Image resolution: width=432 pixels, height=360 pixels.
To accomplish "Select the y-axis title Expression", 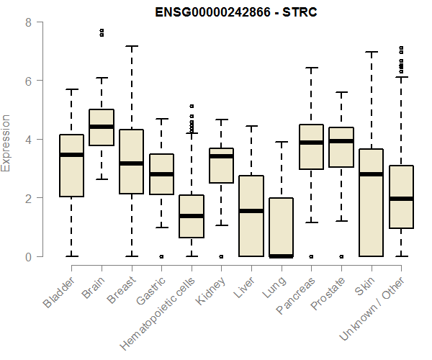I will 6,143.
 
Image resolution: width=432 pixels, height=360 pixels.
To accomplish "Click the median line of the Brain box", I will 102,127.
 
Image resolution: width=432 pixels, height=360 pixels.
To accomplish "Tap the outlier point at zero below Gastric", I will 161,256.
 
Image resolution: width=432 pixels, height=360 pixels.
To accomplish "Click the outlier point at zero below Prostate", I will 342,256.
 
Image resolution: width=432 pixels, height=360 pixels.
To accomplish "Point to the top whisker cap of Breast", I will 132,46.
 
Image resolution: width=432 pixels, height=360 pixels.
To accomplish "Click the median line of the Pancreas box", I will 312,143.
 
